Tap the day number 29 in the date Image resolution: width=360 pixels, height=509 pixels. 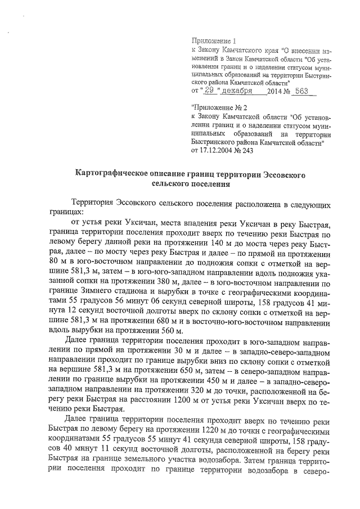click(x=210, y=91)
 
